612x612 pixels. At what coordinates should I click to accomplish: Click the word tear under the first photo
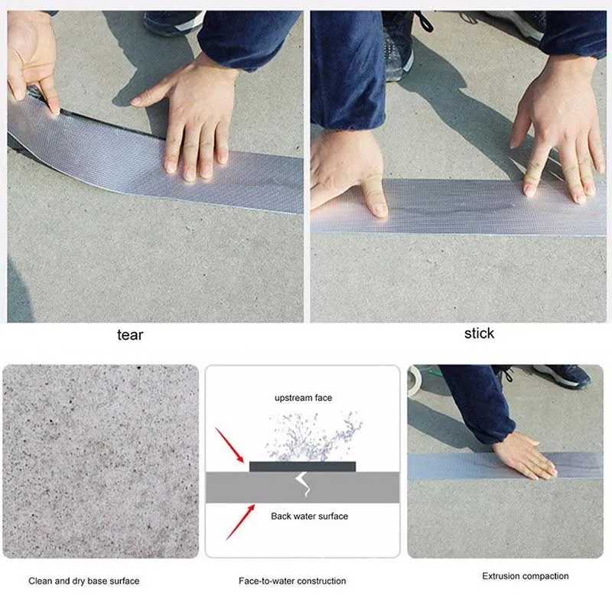click(129, 334)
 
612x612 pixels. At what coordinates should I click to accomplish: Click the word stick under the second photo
click(479, 333)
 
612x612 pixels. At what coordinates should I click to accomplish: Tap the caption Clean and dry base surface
click(84, 581)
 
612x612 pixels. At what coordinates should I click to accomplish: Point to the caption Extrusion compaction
click(525, 576)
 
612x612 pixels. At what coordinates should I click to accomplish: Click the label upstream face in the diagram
click(303, 398)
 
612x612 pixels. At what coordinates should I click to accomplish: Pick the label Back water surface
click(309, 516)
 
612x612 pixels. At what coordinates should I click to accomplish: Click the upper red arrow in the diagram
click(230, 447)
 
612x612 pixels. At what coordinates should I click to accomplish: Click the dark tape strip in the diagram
click(302, 466)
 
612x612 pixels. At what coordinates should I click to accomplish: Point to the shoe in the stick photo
click(400, 46)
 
